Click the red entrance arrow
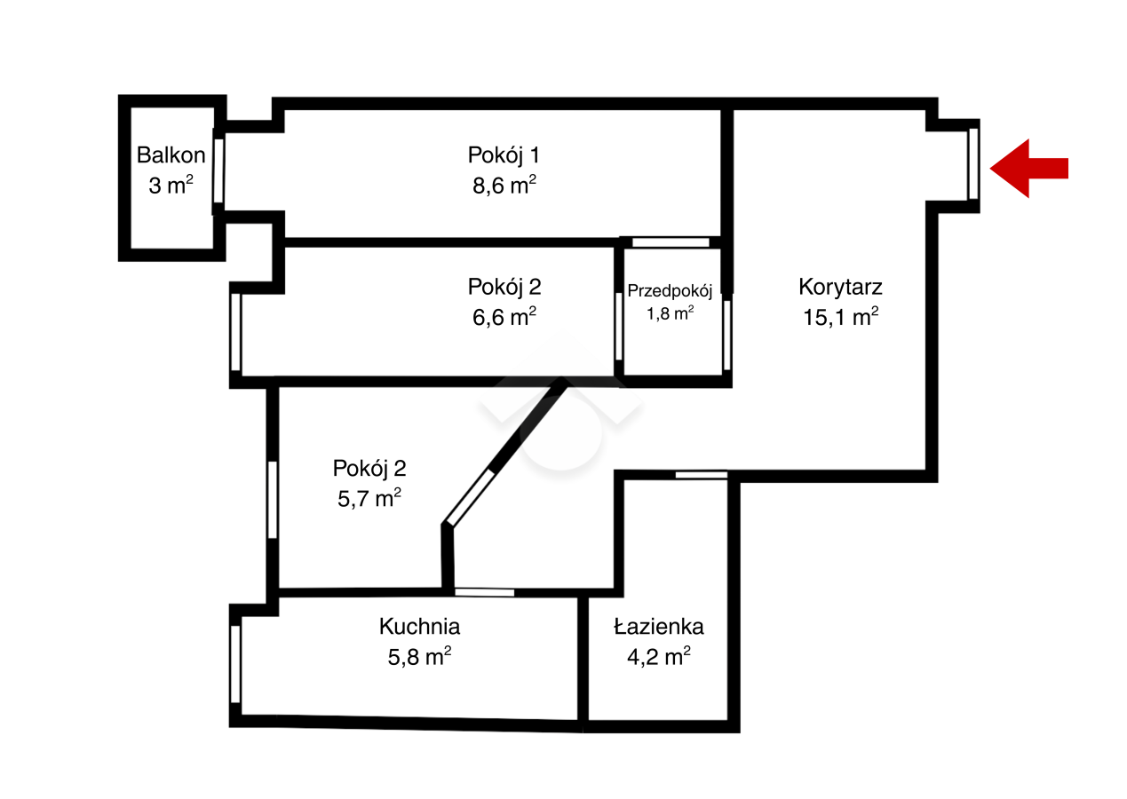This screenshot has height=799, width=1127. click(1028, 169)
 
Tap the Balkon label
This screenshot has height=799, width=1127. click(171, 154)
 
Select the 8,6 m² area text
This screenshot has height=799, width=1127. click(504, 185)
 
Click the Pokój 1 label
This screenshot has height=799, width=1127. click(504, 154)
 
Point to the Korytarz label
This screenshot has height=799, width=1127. click(840, 287)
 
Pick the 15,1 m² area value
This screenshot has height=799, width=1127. click(841, 317)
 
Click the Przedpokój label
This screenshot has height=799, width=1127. click(670, 290)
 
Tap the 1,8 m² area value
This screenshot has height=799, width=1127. click(671, 313)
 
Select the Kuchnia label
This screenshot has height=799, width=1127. click(419, 627)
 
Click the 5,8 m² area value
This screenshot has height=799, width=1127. click(419, 657)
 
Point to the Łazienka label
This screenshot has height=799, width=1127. click(659, 627)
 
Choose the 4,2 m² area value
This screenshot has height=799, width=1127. click(659, 657)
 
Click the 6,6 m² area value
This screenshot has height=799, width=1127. click(504, 317)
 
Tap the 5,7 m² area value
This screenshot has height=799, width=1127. click(369, 498)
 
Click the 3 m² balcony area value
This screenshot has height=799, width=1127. click(171, 185)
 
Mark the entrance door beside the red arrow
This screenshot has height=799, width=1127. click(973, 164)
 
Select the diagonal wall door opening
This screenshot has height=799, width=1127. click(470, 498)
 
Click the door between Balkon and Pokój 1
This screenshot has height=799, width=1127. click(218, 171)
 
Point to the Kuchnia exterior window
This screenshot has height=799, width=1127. click(235, 664)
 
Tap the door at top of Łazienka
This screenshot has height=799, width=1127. click(701, 475)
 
